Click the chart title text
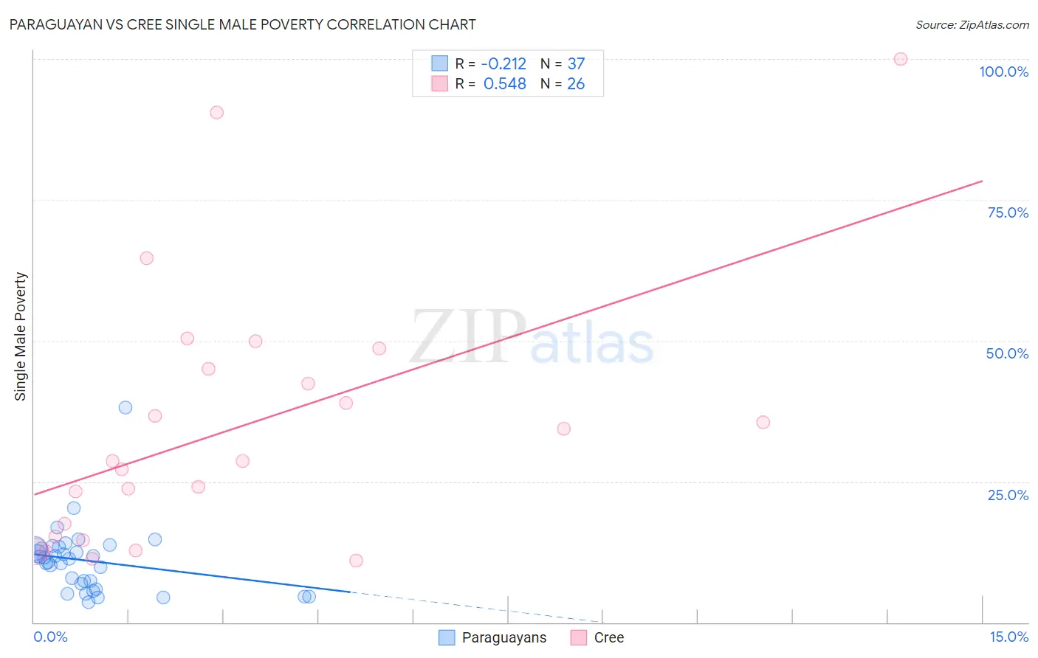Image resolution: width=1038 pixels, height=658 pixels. [x=242, y=24]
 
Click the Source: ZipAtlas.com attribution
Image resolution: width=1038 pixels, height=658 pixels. [x=972, y=25]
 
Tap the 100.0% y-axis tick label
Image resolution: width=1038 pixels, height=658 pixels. [x=1003, y=72]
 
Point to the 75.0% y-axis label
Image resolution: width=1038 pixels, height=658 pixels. [x=1008, y=212]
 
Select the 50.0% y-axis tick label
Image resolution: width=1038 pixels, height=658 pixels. [x=1007, y=353]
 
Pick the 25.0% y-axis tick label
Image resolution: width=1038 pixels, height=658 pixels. [x=1008, y=494]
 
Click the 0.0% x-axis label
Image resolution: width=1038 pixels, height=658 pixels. [x=50, y=637]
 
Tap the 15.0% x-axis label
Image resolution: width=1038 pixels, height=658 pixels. [x=1008, y=637]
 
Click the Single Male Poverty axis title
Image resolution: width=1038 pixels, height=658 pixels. [x=21, y=336]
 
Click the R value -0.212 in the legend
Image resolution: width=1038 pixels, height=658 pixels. [x=503, y=64]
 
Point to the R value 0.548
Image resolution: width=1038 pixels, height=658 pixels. [x=505, y=84]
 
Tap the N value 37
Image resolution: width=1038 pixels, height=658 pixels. [x=576, y=64]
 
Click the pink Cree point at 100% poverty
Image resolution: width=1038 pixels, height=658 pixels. [x=900, y=59]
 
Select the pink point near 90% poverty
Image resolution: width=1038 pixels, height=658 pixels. [x=216, y=112]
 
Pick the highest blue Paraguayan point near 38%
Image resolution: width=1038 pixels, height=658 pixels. [x=126, y=407]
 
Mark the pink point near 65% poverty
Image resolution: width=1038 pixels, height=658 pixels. [x=146, y=258]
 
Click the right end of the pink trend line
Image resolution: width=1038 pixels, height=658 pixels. [x=982, y=181]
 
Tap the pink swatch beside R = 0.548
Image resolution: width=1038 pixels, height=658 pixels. [x=439, y=84]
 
